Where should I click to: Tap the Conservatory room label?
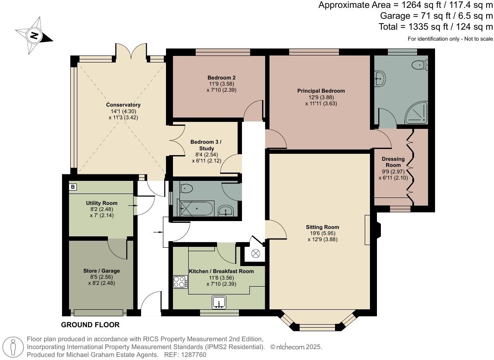click(123, 105)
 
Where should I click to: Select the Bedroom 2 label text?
click(221, 78)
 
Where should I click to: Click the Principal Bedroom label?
click(321, 91)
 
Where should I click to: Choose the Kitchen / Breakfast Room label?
click(221, 271)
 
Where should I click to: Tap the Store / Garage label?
click(101, 271)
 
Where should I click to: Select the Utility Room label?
click(101, 203)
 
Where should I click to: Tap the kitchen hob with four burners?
click(180, 282)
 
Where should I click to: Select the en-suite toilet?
click(420, 65)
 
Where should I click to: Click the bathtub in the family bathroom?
click(196, 208)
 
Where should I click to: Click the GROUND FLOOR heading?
click(90, 325)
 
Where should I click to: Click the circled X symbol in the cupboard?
click(256, 253)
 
